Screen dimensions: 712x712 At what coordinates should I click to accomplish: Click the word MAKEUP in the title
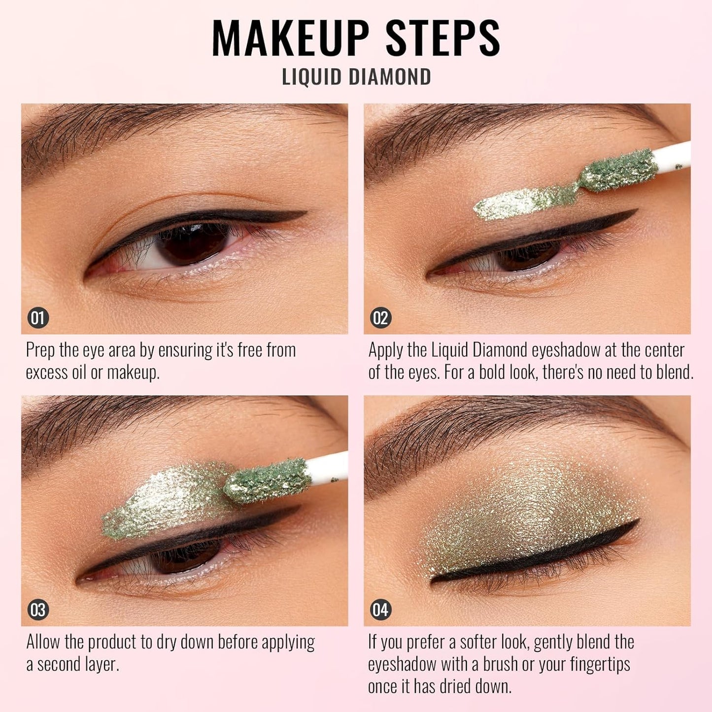pyautogui.click(x=291, y=38)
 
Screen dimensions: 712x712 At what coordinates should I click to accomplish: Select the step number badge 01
pyautogui.click(x=38, y=318)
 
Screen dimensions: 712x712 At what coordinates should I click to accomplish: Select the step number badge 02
pyautogui.click(x=380, y=318)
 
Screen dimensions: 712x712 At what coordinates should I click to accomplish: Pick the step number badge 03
pyautogui.click(x=38, y=610)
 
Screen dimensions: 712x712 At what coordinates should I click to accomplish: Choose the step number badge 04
pyautogui.click(x=380, y=610)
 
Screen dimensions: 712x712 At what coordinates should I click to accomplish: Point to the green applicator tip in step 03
pyautogui.click(x=266, y=480)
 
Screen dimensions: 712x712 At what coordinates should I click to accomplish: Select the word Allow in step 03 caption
pyautogui.click(x=43, y=643)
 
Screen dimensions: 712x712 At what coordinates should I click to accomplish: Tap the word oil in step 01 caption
pyautogui.click(x=79, y=373)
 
